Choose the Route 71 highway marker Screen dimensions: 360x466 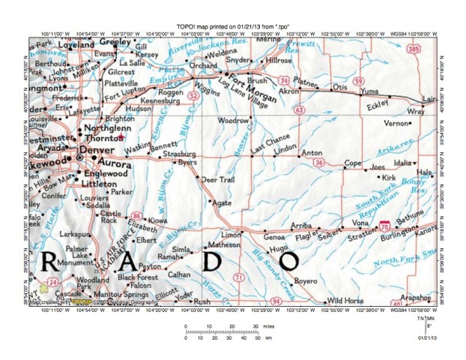point(238,277)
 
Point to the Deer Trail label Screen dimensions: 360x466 point(218,180)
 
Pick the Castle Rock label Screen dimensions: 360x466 point(111,217)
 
